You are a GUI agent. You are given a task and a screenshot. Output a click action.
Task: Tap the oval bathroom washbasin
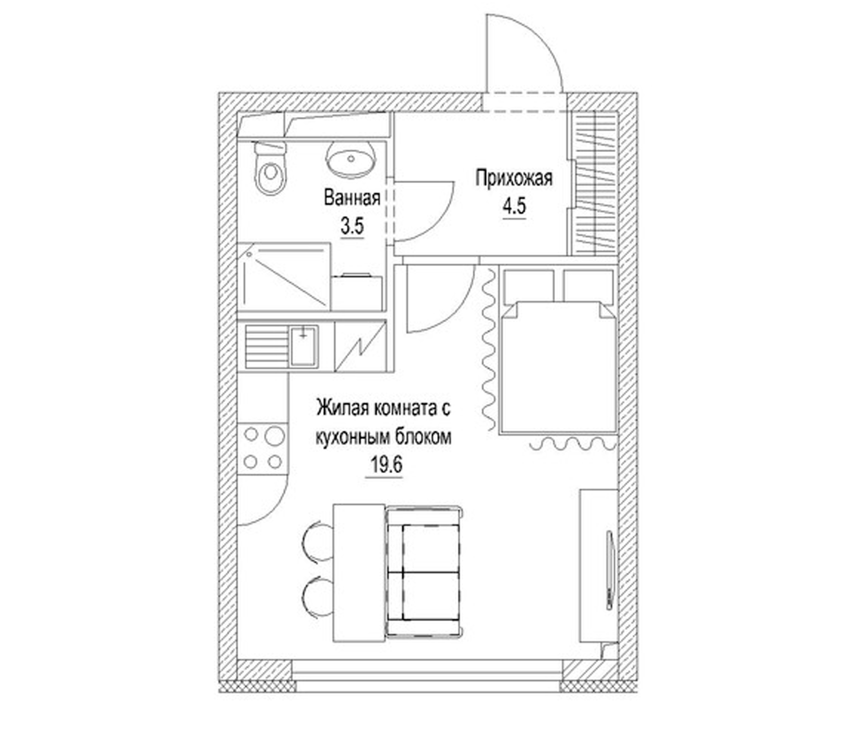pos(351,158)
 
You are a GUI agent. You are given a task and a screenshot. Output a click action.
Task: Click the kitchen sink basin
pos(304,346)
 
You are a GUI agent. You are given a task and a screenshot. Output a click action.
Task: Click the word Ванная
pos(352,197)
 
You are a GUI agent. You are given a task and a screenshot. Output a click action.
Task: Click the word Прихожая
pos(514,178)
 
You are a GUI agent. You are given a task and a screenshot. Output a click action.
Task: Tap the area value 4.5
pos(514,206)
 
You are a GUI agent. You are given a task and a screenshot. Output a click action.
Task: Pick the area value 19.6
pos(384,465)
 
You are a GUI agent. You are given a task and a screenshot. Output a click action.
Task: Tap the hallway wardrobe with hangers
pos(595,184)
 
